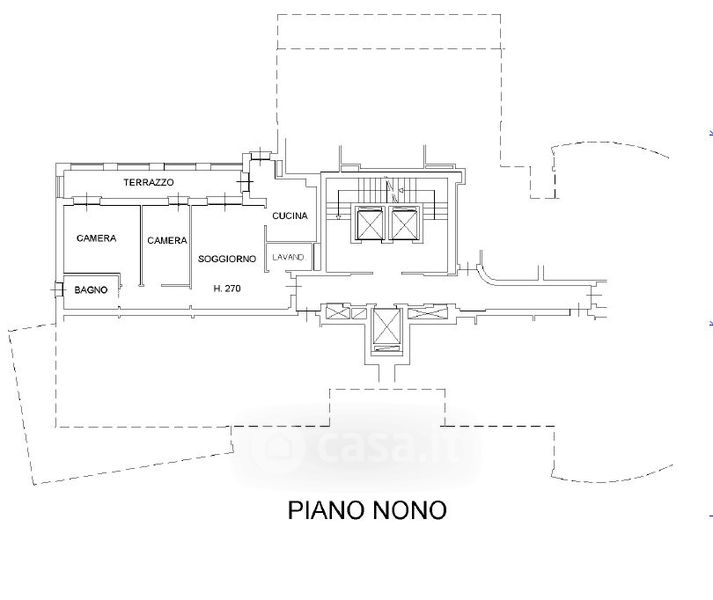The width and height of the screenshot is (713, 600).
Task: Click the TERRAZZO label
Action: (149, 182)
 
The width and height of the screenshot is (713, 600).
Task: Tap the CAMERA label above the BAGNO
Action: (96, 238)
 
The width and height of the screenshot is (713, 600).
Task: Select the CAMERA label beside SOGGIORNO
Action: (167, 240)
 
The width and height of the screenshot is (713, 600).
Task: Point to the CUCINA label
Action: (290, 216)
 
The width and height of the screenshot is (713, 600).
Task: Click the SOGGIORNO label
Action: (227, 259)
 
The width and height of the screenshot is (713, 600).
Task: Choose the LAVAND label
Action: (288, 257)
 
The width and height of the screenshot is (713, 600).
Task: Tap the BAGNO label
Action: (91, 290)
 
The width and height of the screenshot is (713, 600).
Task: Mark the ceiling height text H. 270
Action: (227, 288)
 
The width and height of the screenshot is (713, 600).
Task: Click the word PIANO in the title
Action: (327, 510)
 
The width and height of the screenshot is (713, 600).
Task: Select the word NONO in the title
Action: (410, 510)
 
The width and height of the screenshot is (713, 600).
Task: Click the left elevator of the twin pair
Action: (370, 223)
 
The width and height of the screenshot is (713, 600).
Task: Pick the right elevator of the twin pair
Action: (404, 223)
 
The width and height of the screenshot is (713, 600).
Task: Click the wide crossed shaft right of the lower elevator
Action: (428, 313)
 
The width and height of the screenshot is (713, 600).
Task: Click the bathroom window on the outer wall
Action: (58, 289)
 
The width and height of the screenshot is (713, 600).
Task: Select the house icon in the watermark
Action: (281, 445)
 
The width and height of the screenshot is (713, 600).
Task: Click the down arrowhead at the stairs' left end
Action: (338, 217)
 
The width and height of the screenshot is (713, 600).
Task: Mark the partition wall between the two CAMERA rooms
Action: (141, 246)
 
